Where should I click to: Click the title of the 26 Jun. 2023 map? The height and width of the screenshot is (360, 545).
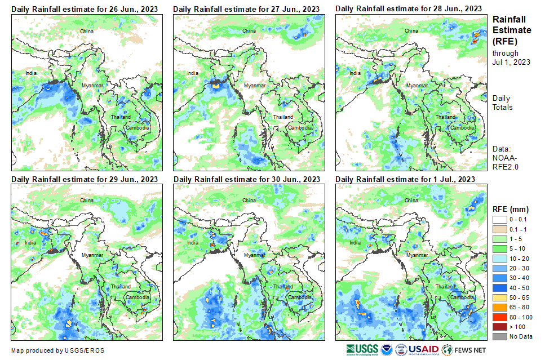[85, 9]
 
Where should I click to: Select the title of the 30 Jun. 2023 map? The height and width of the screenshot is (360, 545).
[247, 179]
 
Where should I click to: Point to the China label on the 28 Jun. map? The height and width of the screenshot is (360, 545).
[411, 30]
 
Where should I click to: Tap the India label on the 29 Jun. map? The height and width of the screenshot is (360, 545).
[30, 243]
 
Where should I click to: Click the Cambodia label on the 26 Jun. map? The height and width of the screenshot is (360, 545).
[138, 128]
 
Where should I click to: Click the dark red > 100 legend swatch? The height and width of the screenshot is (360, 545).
[500, 327]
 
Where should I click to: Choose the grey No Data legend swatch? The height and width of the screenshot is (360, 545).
[500, 336]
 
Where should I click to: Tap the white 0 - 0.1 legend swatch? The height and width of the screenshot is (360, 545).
[500, 219]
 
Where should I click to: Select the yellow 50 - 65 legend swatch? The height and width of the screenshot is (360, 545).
[500, 297]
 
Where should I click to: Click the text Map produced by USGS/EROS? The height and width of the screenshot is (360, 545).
[57, 350]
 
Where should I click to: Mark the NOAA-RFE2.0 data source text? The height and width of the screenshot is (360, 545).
[506, 162]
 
